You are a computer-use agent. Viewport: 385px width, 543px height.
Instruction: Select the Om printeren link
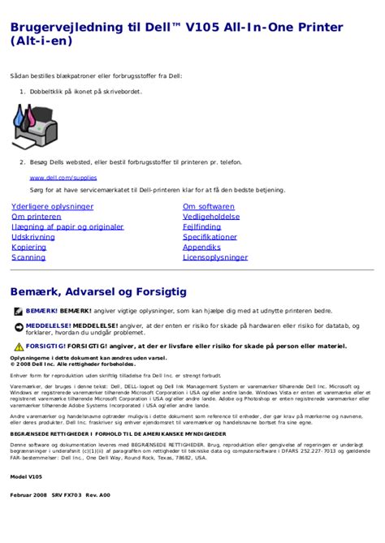coord(37,217)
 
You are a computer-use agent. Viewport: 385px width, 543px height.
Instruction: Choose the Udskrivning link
coord(34,237)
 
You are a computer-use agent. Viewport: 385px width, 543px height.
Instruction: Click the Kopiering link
coord(29,247)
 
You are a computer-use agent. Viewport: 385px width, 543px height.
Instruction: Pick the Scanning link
coord(28,257)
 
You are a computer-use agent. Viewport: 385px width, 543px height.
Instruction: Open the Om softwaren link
coord(209,207)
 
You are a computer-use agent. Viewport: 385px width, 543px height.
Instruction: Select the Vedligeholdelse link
coord(211,217)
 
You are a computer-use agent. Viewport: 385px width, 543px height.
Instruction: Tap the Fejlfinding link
coord(201,227)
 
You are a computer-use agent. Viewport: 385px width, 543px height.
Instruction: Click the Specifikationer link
coord(210,237)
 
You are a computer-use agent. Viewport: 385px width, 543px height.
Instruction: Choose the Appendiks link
coord(201,247)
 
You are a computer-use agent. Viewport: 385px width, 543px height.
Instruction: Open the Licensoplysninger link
coord(215,257)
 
